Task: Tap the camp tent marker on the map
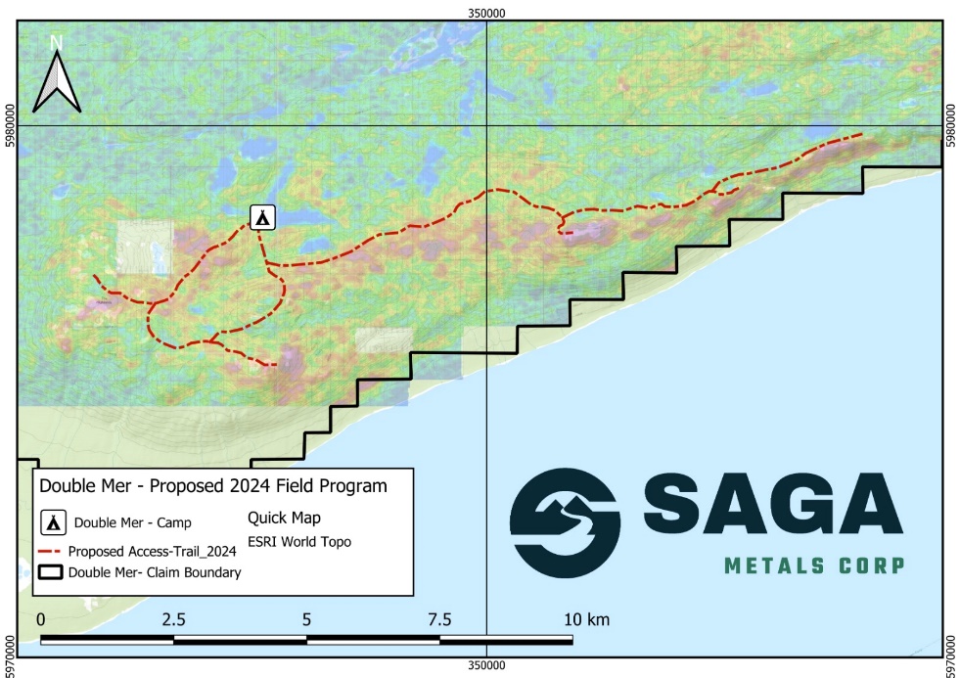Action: (261, 217)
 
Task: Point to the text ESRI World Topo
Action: (299, 541)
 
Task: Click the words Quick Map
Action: (284, 518)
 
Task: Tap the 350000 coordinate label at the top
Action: (486, 13)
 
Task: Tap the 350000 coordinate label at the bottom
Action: (486, 666)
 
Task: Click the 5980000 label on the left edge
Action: (9, 125)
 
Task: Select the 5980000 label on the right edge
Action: (951, 125)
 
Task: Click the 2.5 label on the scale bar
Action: (174, 619)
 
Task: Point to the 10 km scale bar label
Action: (586, 619)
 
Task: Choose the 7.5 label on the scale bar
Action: (439, 619)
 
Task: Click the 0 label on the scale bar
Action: (40, 619)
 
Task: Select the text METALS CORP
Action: (813, 565)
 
